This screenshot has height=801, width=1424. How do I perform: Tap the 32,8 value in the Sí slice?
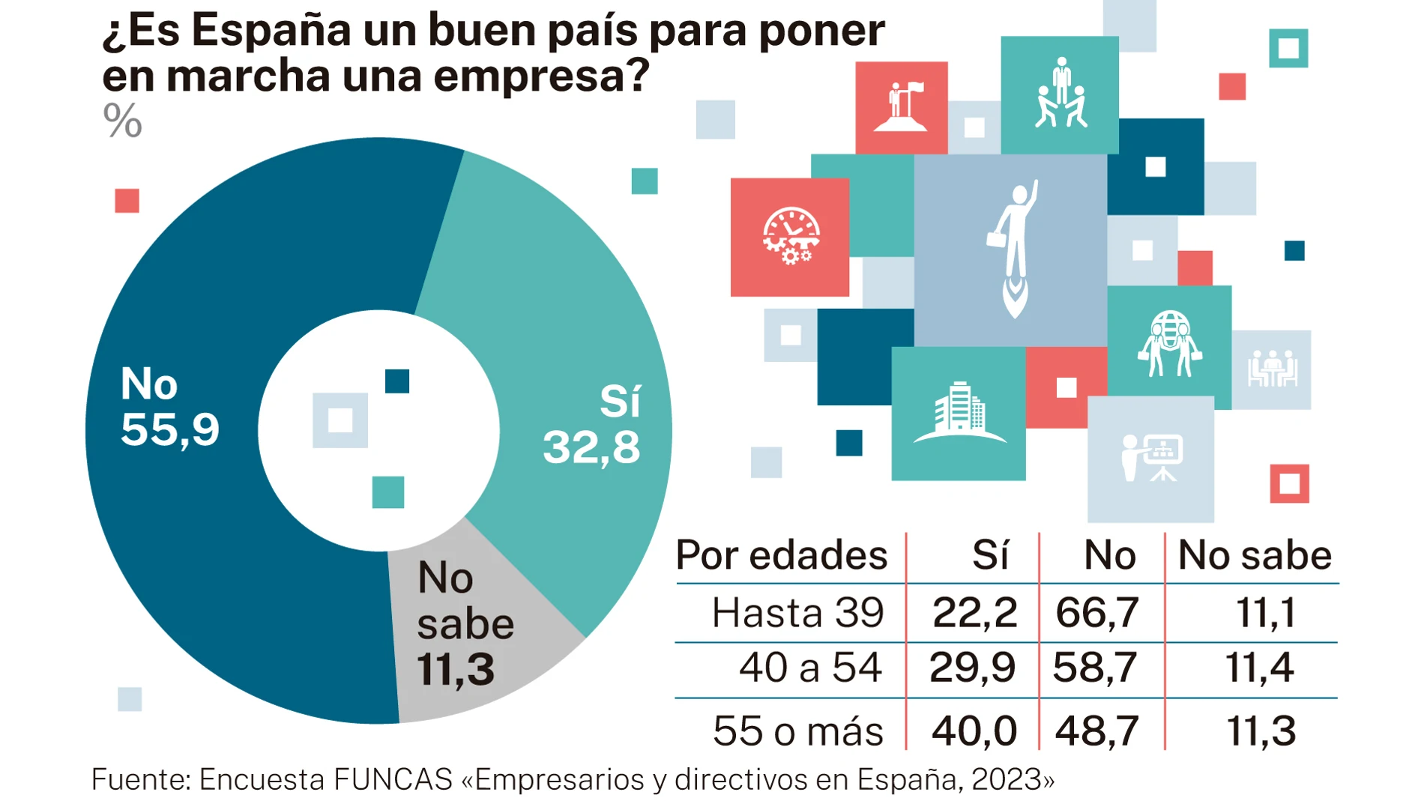point(591,448)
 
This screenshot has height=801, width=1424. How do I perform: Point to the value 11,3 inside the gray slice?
point(455,670)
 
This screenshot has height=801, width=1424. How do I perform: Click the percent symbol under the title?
point(122,121)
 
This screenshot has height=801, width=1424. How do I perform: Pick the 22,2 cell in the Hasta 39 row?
point(974,613)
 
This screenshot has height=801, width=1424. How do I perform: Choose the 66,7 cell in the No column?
point(1097,613)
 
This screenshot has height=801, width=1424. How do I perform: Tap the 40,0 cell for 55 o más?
point(974,731)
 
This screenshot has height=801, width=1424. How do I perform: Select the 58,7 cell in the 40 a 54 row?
point(1095,668)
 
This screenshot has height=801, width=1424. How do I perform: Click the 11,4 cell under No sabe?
point(1259,668)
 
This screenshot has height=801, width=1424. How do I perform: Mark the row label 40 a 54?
point(810,668)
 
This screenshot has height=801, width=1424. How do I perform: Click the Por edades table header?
point(781,556)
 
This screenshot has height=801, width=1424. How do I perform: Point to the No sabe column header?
point(1254,556)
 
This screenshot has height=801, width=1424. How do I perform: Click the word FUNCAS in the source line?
point(393,780)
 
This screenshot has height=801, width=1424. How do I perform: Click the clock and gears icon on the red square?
point(791,237)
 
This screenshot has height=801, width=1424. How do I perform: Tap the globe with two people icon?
point(1169,344)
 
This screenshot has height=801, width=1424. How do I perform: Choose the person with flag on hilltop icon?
point(901,108)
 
